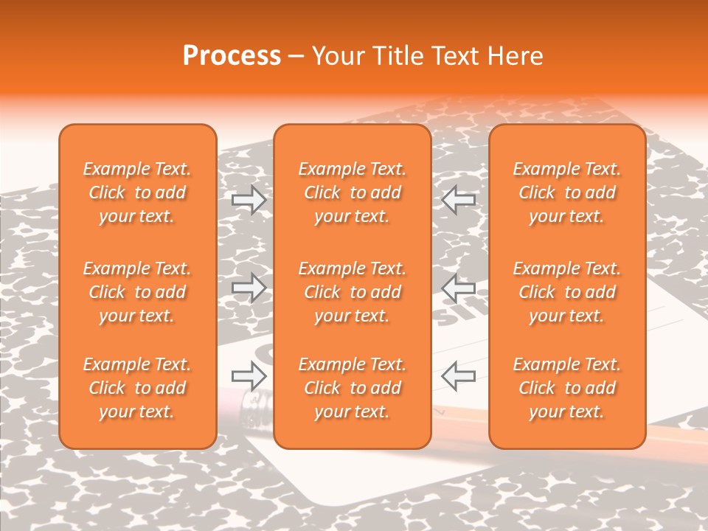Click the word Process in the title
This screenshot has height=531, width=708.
click(232, 56)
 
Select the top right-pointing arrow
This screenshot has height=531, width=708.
click(249, 199)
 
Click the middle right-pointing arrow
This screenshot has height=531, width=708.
click(249, 288)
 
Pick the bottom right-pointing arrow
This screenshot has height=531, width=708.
click(249, 376)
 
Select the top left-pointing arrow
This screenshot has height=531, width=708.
click(459, 199)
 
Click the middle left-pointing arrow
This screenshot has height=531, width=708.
click(459, 288)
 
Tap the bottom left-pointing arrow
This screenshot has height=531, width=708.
click(459, 376)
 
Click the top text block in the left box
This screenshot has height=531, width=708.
click(137, 192)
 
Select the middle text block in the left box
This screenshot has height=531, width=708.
click(137, 292)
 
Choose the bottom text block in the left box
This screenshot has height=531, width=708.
click(137, 388)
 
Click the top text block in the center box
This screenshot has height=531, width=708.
click(353, 192)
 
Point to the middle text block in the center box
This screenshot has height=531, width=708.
click(353, 292)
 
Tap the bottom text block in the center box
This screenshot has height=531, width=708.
click(353, 388)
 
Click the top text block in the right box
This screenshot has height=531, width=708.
click(567, 192)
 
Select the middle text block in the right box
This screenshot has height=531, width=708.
click(567, 292)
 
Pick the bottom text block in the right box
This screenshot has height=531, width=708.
click(567, 388)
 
